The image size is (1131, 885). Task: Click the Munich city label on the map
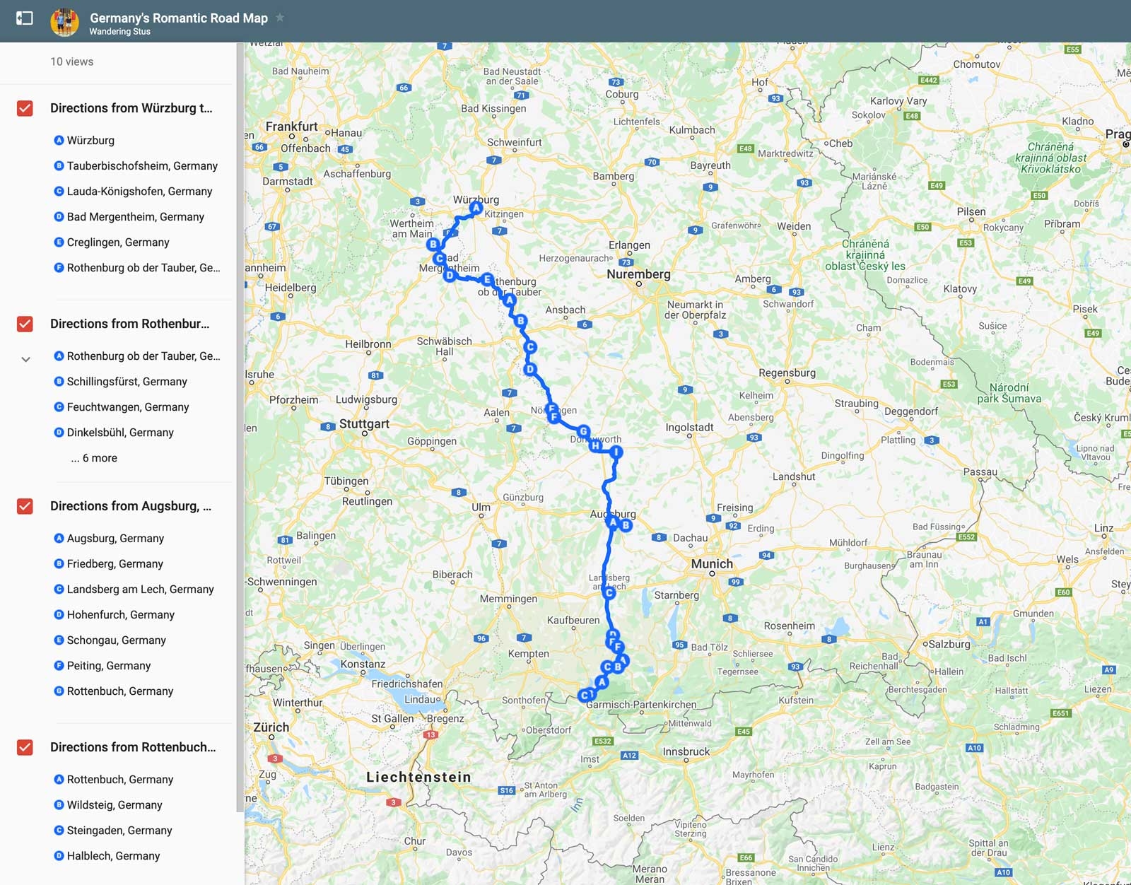[x=712, y=564]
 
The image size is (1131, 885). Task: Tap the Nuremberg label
[x=638, y=274]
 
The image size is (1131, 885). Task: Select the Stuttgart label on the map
[x=364, y=424]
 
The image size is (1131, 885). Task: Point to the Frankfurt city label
[x=291, y=127]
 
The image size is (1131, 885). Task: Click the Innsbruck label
[x=686, y=751]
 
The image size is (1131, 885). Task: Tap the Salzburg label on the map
[x=949, y=644]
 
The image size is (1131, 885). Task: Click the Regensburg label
[x=787, y=373]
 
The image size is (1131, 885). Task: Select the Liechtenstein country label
[x=418, y=777]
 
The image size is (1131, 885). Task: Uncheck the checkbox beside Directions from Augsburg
[x=25, y=506]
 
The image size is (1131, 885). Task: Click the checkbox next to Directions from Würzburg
[x=25, y=108]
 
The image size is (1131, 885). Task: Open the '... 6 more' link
[x=94, y=458]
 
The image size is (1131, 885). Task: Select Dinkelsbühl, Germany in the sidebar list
[x=120, y=433]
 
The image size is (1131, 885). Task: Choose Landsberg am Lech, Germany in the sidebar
[x=140, y=590]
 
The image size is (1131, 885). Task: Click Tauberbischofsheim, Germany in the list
[x=142, y=166]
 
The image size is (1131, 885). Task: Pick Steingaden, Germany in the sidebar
[x=119, y=831]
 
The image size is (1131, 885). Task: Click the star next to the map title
[x=280, y=18]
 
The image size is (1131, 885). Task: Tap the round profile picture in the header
[x=64, y=22]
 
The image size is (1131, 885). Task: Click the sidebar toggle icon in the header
[x=25, y=18]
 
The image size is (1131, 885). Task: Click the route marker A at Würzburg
[x=476, y=208]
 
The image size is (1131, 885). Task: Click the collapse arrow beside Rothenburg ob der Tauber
[x=25, y=359]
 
